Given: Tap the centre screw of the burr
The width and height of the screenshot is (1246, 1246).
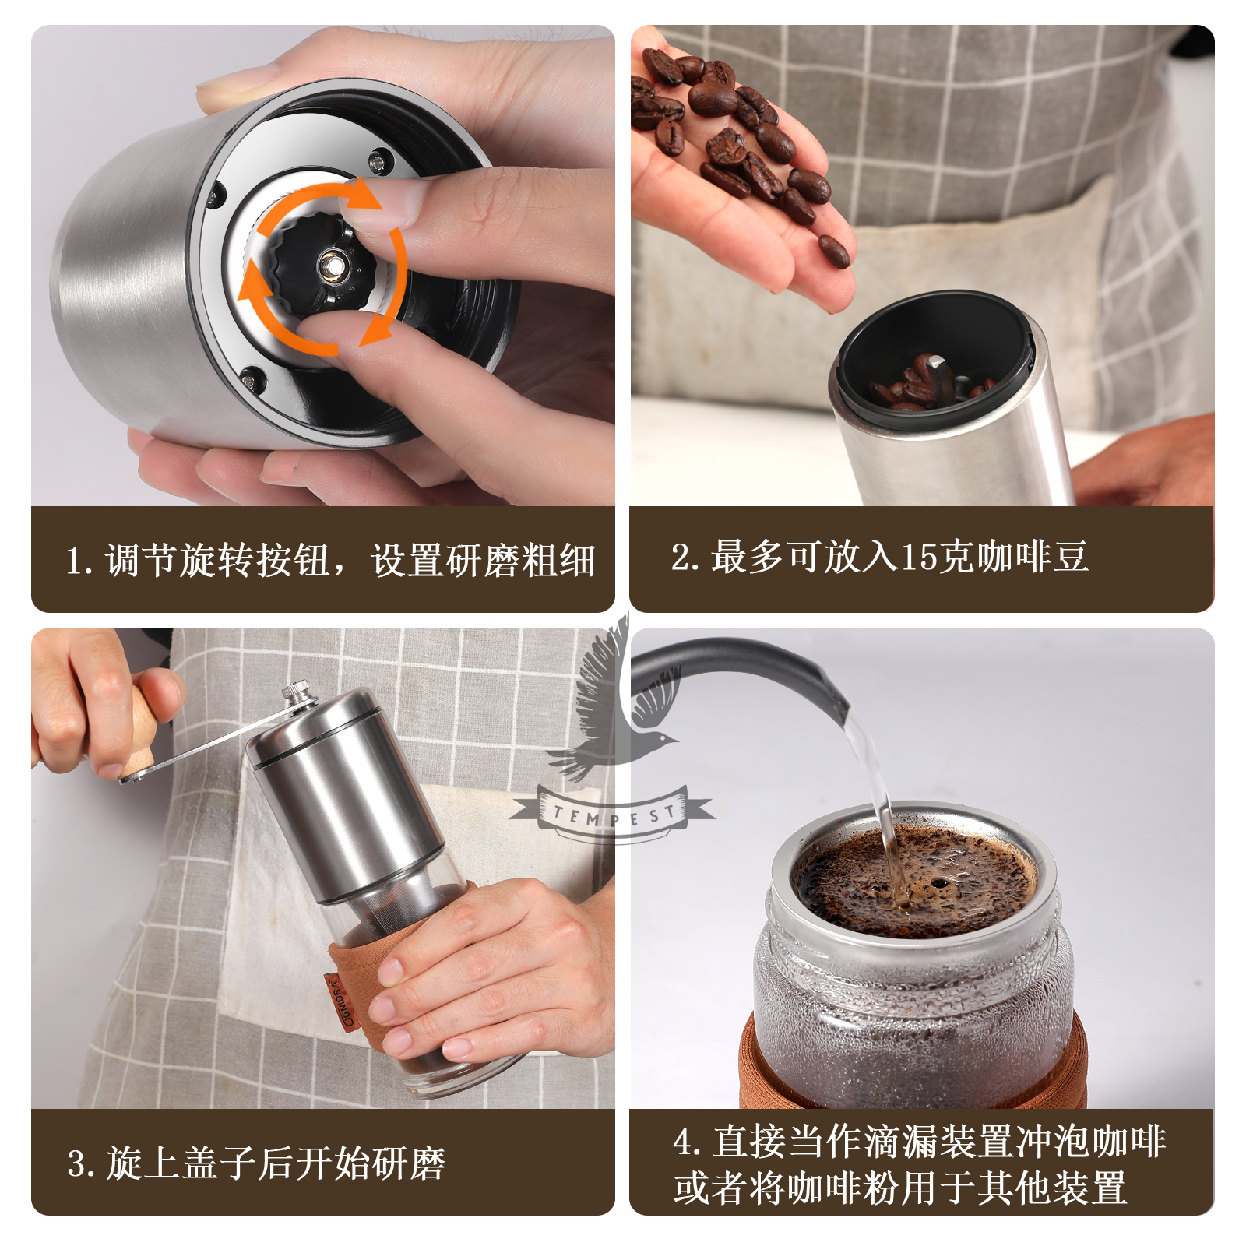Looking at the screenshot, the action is pos(333,265).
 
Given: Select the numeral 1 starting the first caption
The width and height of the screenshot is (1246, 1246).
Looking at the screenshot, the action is pos(75,561).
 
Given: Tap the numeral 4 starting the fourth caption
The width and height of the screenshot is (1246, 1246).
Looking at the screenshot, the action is pos(684,1142).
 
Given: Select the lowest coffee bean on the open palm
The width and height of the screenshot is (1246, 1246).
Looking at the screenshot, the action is pos(834,251).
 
